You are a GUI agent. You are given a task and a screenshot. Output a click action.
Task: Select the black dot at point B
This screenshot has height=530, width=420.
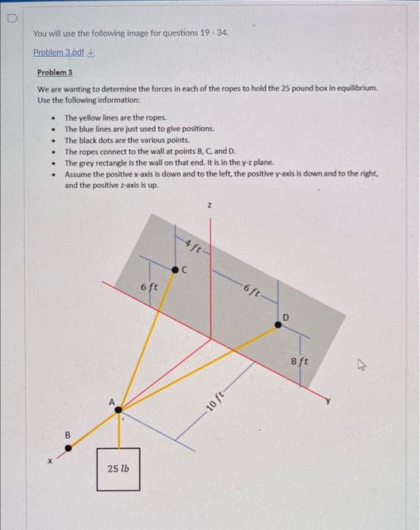click(x=69, y=448)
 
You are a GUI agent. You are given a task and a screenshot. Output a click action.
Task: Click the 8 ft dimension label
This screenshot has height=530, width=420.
click(x=300, y=362)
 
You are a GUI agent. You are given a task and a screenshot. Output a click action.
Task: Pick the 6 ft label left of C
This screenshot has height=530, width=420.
click(x=149, y=287)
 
